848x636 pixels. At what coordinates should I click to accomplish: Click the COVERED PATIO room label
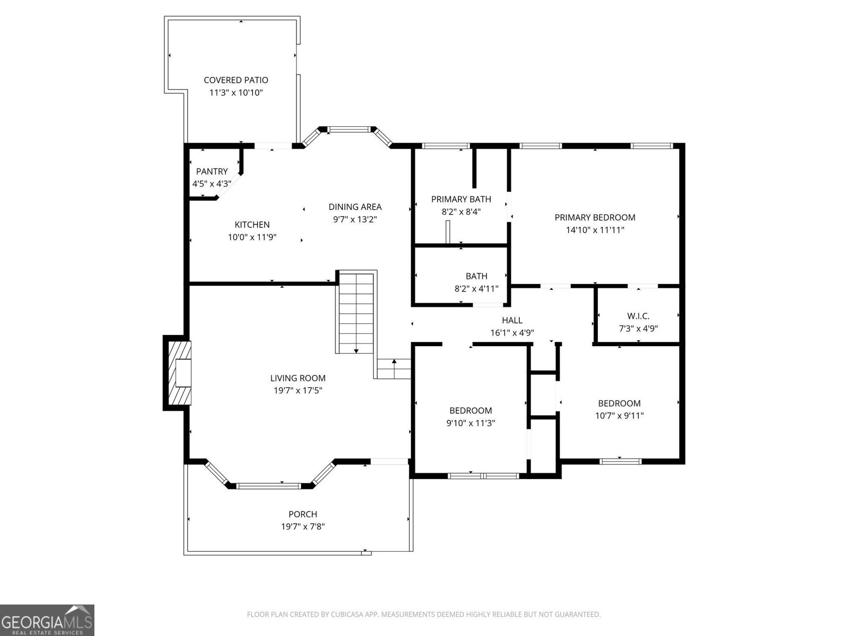(x=236, y=80)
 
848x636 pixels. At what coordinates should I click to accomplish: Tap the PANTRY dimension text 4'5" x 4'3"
(x=211, y=184)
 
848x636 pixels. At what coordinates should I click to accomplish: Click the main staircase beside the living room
(x=356, y=313)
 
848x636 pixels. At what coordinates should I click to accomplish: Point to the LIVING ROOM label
(x=298, y=378)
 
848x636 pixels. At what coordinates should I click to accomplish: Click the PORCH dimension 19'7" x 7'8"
(x=303, y=527)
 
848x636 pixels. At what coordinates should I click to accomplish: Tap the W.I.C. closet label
(x=638, y=316)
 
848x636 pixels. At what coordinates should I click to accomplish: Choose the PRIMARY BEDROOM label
(x=595, y=217)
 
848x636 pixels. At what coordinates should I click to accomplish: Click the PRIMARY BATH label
(x=461, y=199)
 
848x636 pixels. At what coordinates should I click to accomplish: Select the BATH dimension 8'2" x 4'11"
(x=476, y=289)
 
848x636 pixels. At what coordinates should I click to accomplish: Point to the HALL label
(x=512, y=320)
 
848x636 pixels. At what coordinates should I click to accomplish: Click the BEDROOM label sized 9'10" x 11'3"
(x=471, y=410)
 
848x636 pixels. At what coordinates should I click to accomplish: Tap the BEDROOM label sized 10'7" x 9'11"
(x=619, y=403)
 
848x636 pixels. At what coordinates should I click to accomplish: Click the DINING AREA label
(x=355, y=207)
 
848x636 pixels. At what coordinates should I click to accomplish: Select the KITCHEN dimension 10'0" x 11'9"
(x=252, y=237)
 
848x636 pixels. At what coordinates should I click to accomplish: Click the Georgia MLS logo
(x=47, y=620)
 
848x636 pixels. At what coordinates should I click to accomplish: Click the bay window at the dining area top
(x=347, y=129)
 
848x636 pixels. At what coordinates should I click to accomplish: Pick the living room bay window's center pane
(x=269, y=485)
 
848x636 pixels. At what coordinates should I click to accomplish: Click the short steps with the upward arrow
(x=394, y=368)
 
